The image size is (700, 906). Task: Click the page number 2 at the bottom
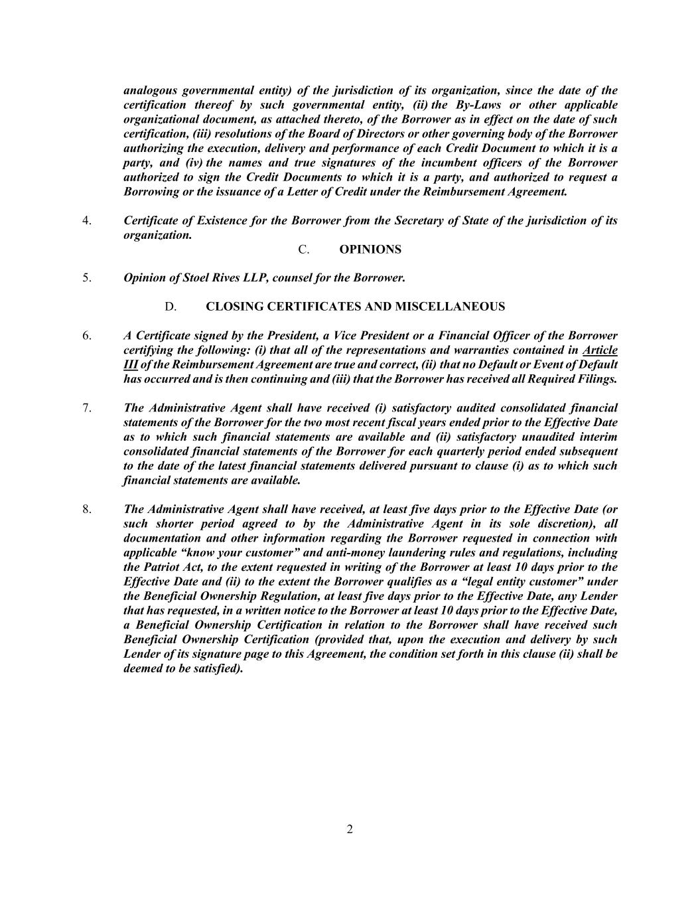[x=350, y=829]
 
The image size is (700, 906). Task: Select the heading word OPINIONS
[x=370, y=250]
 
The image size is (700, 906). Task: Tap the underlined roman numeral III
[x=131, y=365]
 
